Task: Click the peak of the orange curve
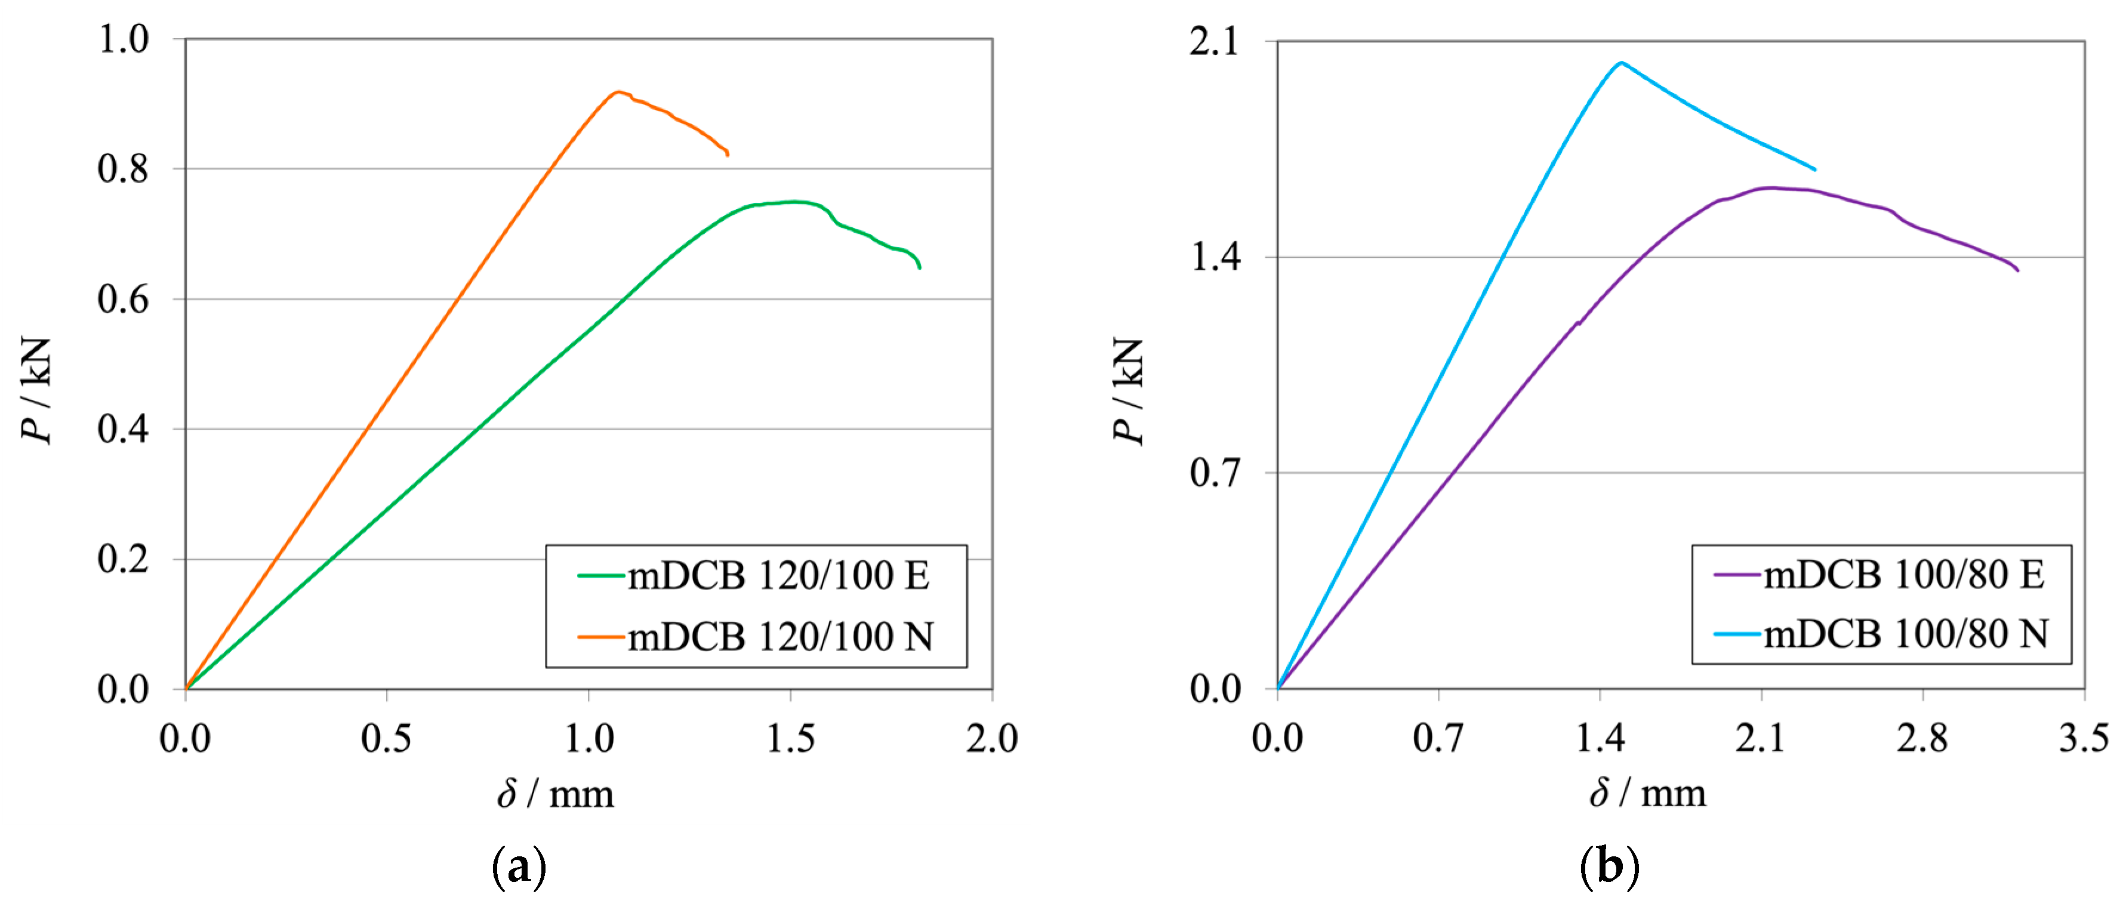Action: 617,91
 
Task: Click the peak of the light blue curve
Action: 1621,62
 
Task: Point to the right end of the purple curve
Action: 2017,270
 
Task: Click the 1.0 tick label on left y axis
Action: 123,39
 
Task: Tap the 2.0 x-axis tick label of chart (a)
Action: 991,738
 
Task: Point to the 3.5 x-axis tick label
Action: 2084,738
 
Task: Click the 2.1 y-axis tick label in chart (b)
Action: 1214,41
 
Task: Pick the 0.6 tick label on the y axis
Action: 123,299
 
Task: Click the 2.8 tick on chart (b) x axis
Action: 1922,738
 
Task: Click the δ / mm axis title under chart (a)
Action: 556,794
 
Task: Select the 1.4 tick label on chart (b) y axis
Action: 1214,257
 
